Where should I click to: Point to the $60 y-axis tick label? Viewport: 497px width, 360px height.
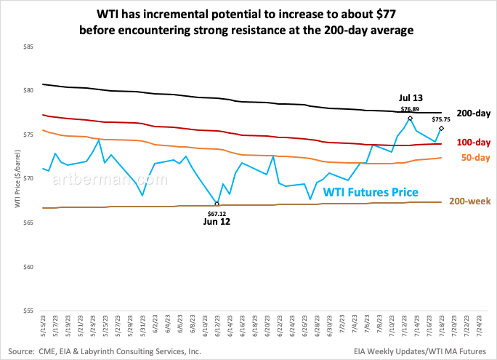pos(28,267)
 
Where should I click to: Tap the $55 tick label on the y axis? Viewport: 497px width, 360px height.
pos(28,311)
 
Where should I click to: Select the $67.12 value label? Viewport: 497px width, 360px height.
pos(217,214)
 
